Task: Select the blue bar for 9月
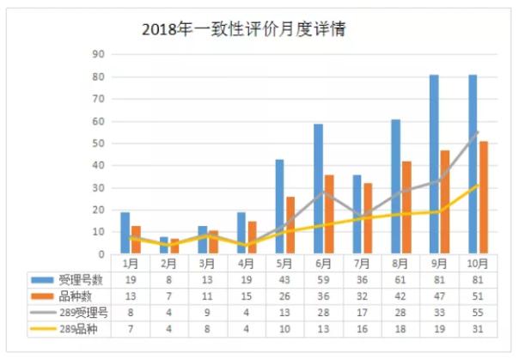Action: click(434, 164)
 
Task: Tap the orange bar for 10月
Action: click(484, 198)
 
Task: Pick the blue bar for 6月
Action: click(318, 189)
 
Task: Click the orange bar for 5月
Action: click(290, 225)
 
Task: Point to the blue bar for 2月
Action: click(164, 246)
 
